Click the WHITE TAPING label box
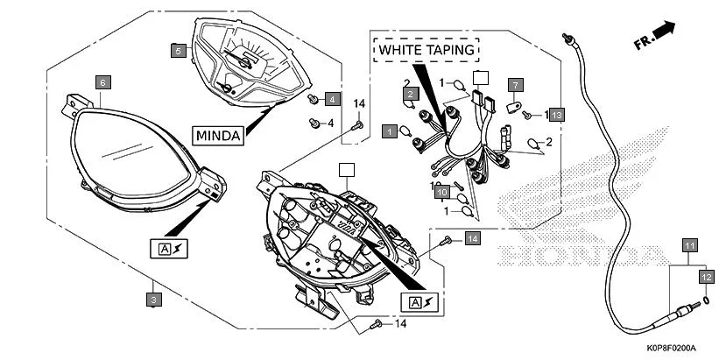click(428, 50)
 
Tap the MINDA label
click(219, 135)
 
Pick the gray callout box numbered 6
click(102, 82)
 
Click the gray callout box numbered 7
click(515, 86)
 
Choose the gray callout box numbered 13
click(557, 115)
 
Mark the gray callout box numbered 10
click(443, 192)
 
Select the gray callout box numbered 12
click(706, 276)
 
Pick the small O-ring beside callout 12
click(706, 298)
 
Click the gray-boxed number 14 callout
click(472, 238)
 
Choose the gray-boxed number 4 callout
click(332, 99)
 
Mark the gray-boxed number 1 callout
click(389, 131)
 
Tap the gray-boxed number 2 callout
click(410, 94)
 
